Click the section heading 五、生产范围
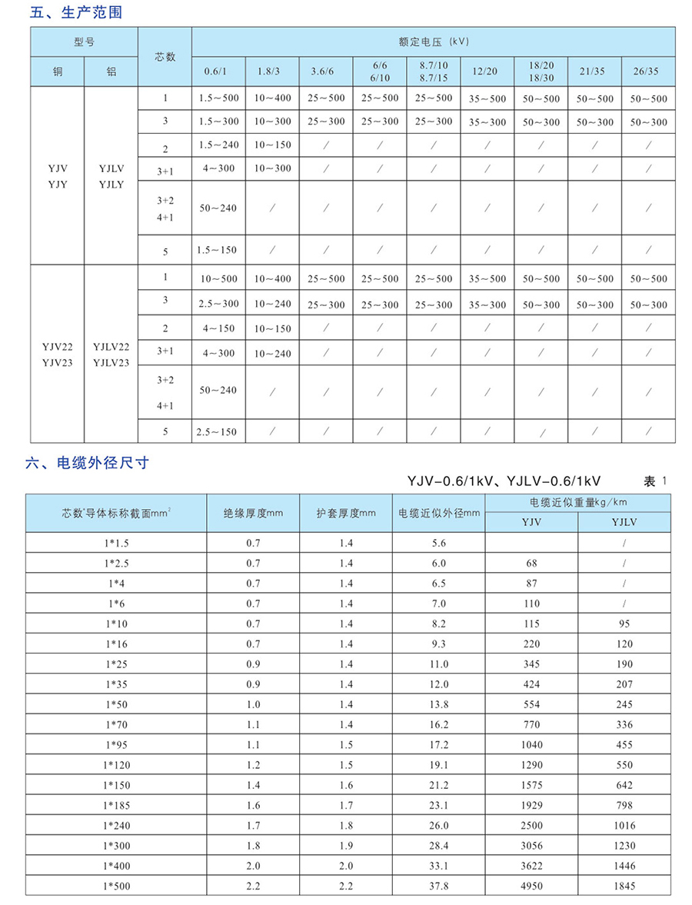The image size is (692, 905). pos(75,12)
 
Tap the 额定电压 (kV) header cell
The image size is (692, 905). pos(434,41)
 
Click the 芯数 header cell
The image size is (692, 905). pos(165,56)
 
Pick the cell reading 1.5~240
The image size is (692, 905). pos(218,145)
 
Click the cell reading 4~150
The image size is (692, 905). pos(218,328)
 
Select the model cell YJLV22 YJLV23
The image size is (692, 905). pos(111,354)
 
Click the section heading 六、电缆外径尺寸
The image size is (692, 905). pos(87,463)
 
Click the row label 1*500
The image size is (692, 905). pos(116,885)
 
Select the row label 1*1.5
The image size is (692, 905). pos(116,543)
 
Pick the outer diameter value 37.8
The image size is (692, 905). pos(438,885)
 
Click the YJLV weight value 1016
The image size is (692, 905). pos(624,825)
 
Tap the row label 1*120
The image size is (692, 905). pos(116,765)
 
